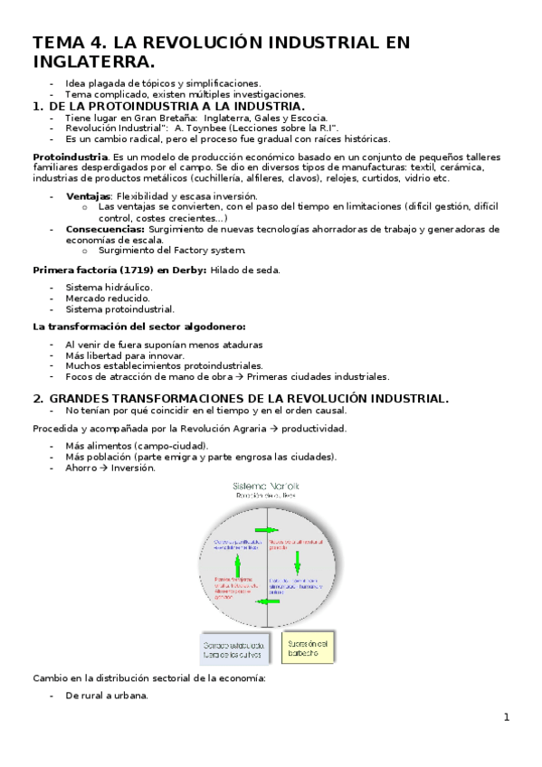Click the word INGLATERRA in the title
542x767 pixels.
click(x=87, y=62)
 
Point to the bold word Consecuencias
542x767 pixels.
click(x=102, y=230)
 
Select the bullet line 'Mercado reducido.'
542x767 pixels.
click(x=108, y=298)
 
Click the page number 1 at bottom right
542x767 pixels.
click(x=507, y=717)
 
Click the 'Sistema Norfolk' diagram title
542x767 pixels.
click(x=268, y=487)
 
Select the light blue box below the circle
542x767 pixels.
click(x=234, y=649)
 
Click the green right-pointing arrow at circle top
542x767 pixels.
click(x=269, y=528)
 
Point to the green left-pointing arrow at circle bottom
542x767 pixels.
click(x=269, y=601)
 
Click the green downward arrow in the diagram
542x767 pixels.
click(x=296, y=565)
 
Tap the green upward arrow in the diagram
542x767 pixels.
click(x=238, y=565)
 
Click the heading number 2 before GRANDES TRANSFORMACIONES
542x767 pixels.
click(x=37, y=399)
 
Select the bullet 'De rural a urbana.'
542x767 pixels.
click(x=106, y=696)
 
